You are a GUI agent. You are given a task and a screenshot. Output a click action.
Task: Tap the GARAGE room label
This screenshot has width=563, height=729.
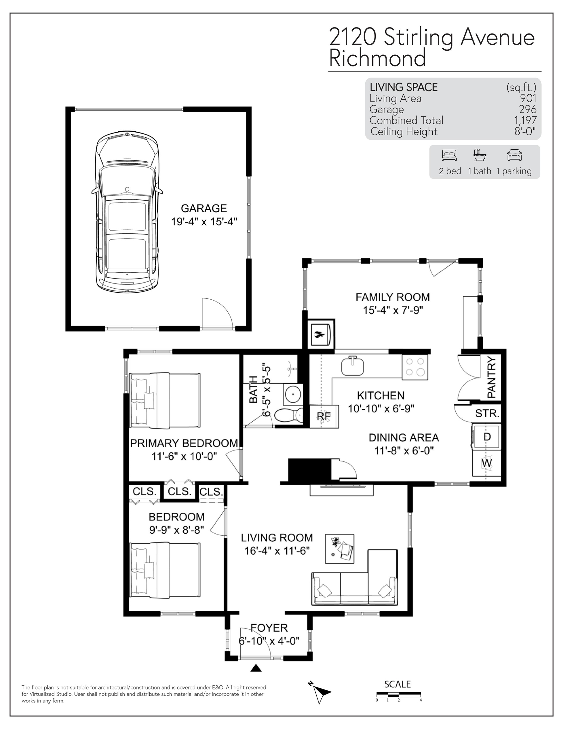pyautogui.click(x=204, y=208)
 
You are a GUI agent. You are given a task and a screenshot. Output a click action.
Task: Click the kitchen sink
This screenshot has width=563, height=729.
pyautogui.click(x=352, y=366)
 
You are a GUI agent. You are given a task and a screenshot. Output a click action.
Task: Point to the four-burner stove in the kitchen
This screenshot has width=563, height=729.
pyautogui.click(x=415, y=367)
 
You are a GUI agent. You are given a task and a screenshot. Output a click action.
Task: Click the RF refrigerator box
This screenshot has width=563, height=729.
pyautogui.click(x=325, y=416)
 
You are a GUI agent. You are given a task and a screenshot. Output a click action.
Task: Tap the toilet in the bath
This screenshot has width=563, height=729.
pyautogui.click(x=289, y=416)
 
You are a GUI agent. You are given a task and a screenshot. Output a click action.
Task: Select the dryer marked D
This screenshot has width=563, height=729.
pyautogui.click(x=486, y=437)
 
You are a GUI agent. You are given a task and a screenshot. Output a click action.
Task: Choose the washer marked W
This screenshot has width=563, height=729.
pyautogui.click(x=486, y=463)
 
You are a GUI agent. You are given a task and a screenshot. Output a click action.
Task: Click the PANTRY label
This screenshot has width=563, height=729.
pyautogui.click(x=492, y=377)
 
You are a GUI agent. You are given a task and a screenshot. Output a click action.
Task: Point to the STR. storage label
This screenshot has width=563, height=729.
pyautogui.click(x=487, y=414)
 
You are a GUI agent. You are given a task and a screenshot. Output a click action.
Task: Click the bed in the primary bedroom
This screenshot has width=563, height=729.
pyautogui.click(x=164, y=401)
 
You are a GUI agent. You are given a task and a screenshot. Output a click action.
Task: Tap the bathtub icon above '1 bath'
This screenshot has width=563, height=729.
pyautogui.click(x=479, y=155)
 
